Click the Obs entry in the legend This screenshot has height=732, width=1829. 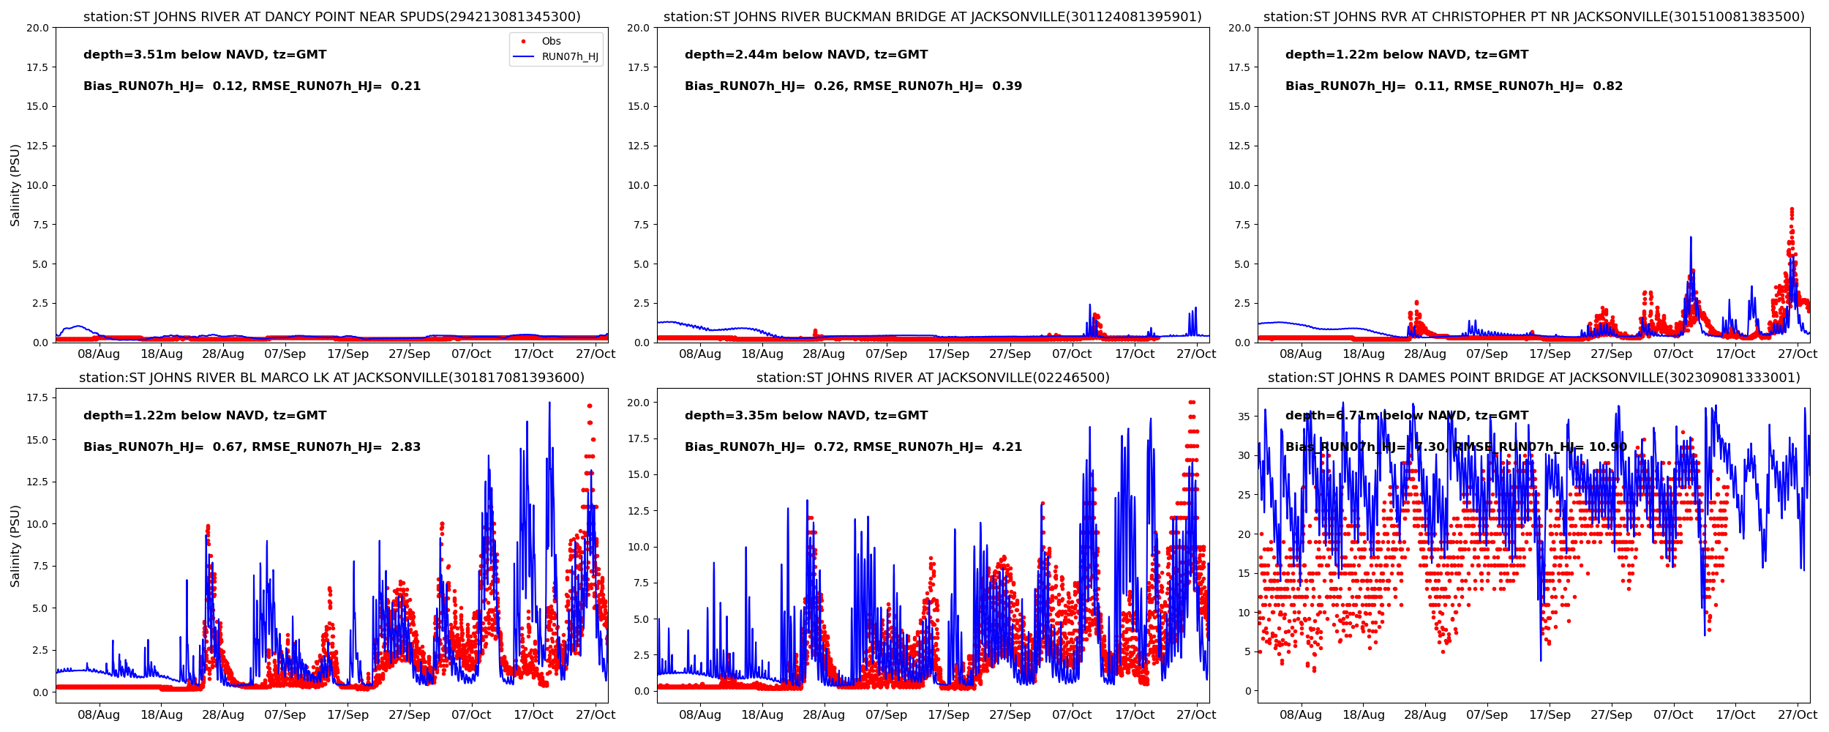click(551, 41)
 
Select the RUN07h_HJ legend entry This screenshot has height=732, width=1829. click(569, 56)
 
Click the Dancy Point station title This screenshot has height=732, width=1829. click(331, 17)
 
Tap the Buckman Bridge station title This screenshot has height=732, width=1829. click(932, 17)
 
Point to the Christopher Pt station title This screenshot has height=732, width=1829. click(1533, 17)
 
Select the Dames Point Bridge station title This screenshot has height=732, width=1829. click(1533, 378)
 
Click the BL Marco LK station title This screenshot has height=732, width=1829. click(331, 378)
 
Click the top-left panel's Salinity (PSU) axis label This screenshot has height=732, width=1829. click(15, 185)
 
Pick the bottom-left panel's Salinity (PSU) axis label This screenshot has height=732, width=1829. click(15, 545)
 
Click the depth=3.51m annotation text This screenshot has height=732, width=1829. click(205, 55)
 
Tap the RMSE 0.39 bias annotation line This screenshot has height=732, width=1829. click(853, 86)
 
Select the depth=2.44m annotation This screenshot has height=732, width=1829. click(806, 55)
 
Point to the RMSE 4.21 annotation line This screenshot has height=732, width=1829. click(853, 447)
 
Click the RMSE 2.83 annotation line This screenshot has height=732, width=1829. click(252, 447)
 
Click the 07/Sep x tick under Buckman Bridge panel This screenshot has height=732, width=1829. click(886, 354)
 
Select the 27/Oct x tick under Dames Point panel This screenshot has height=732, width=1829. click(1798, 715)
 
